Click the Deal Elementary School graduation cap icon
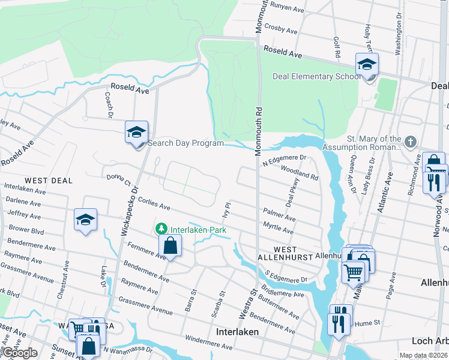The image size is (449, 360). click(367, 65)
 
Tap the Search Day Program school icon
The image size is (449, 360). click(136, 132)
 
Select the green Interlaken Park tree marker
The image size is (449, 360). click(161, 229)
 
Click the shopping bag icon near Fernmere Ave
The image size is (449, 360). click(170, 245)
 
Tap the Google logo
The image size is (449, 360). click(19, 353)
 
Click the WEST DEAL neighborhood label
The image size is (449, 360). click(49, 180)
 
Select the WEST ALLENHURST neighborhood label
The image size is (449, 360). click(285, 253)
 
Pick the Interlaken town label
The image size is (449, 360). click(237, 332)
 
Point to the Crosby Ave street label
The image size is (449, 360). click(281, 29)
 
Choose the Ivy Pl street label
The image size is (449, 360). click(226, 212)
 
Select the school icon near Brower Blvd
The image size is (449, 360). click(85, 220)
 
